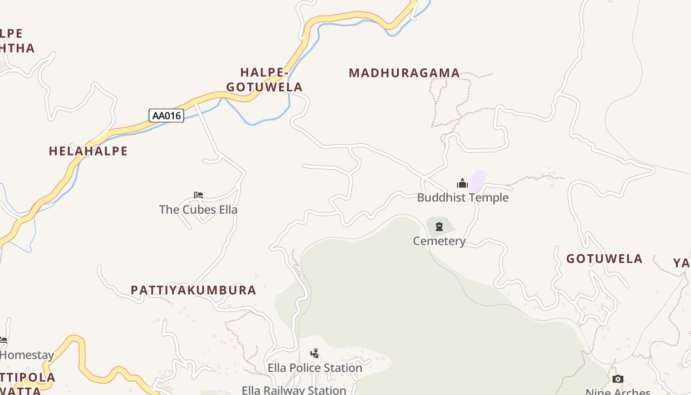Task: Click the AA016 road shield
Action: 166,116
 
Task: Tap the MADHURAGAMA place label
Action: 404,73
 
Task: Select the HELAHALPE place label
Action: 88,151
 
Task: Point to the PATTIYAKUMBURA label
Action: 193,290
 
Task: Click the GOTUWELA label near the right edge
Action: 604,259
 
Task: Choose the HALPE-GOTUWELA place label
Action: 265,80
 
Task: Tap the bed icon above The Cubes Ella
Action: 198,195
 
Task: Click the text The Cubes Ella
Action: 198,209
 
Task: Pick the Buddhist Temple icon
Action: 462,183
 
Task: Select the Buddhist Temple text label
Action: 462,197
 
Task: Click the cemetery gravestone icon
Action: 439,227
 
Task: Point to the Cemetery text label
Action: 439,241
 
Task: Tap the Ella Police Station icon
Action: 314,354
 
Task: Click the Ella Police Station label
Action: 315,368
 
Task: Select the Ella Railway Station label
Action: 294,390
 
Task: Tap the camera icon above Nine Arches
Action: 617,379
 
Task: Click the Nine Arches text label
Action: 618,392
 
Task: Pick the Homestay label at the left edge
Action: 27,355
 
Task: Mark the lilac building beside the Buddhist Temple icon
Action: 478,180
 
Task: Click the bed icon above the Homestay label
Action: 3,340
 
